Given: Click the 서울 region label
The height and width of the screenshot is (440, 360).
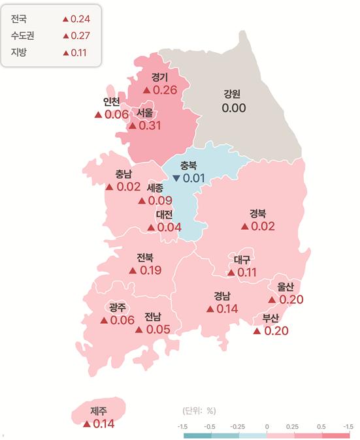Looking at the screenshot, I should coord(145,113).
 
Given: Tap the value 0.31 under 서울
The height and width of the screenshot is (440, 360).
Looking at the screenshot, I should coord(150,125).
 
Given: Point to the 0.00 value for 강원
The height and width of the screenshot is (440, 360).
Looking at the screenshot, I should coord(233,107).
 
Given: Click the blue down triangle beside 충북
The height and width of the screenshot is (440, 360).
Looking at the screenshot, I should coord(176,178).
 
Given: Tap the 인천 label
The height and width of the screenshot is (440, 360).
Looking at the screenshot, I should coord(111,101).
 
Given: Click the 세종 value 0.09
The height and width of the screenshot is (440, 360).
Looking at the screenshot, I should coord(160,200).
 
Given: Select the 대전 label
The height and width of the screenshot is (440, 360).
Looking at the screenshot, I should coord(164,214).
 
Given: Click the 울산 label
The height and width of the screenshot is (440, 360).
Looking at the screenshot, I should coord(286,286).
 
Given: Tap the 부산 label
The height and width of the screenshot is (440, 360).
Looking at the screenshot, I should coord(270,318).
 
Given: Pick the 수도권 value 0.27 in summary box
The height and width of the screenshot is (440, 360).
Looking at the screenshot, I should coord(80,35).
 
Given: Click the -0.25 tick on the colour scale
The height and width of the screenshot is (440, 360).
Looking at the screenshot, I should coord(238,426).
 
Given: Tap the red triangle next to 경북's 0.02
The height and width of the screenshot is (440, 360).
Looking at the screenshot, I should coord(245,227).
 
